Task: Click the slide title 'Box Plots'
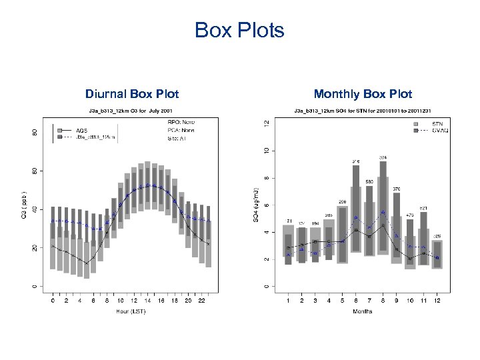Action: [239, 30]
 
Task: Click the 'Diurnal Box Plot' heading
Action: [132, 94]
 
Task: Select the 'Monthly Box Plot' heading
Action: [363, 94]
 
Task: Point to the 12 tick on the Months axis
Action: [437, 301]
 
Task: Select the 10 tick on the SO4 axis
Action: [267, 151]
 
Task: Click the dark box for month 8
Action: [383, 207]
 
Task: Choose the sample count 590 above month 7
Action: [369, 181]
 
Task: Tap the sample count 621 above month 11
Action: [424, 209]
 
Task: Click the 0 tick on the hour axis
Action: [54, 301]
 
